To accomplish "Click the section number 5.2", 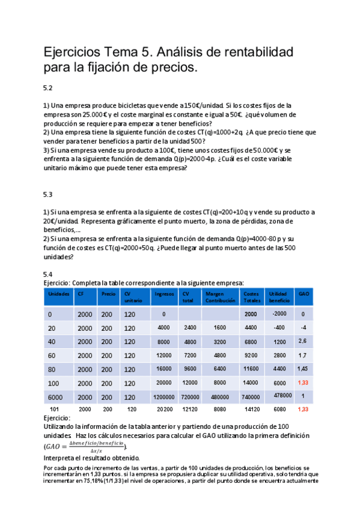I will click(48, 87).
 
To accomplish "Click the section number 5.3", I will click(48, 194).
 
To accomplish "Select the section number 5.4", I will click(48, 274).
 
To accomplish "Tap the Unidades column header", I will click(58, 294).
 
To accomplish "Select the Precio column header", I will click(108, 294).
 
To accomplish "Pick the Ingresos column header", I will click(164, 294).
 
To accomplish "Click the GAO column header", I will click(304, 294).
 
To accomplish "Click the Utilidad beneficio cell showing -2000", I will click(279, 313).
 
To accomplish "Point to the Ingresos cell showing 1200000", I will click(164, 397).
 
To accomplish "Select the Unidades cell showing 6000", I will click(55, 397).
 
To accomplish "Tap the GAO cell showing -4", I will click(304, 327).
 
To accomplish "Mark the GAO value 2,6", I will click(303, 341).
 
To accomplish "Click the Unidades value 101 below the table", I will click(53, 410).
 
